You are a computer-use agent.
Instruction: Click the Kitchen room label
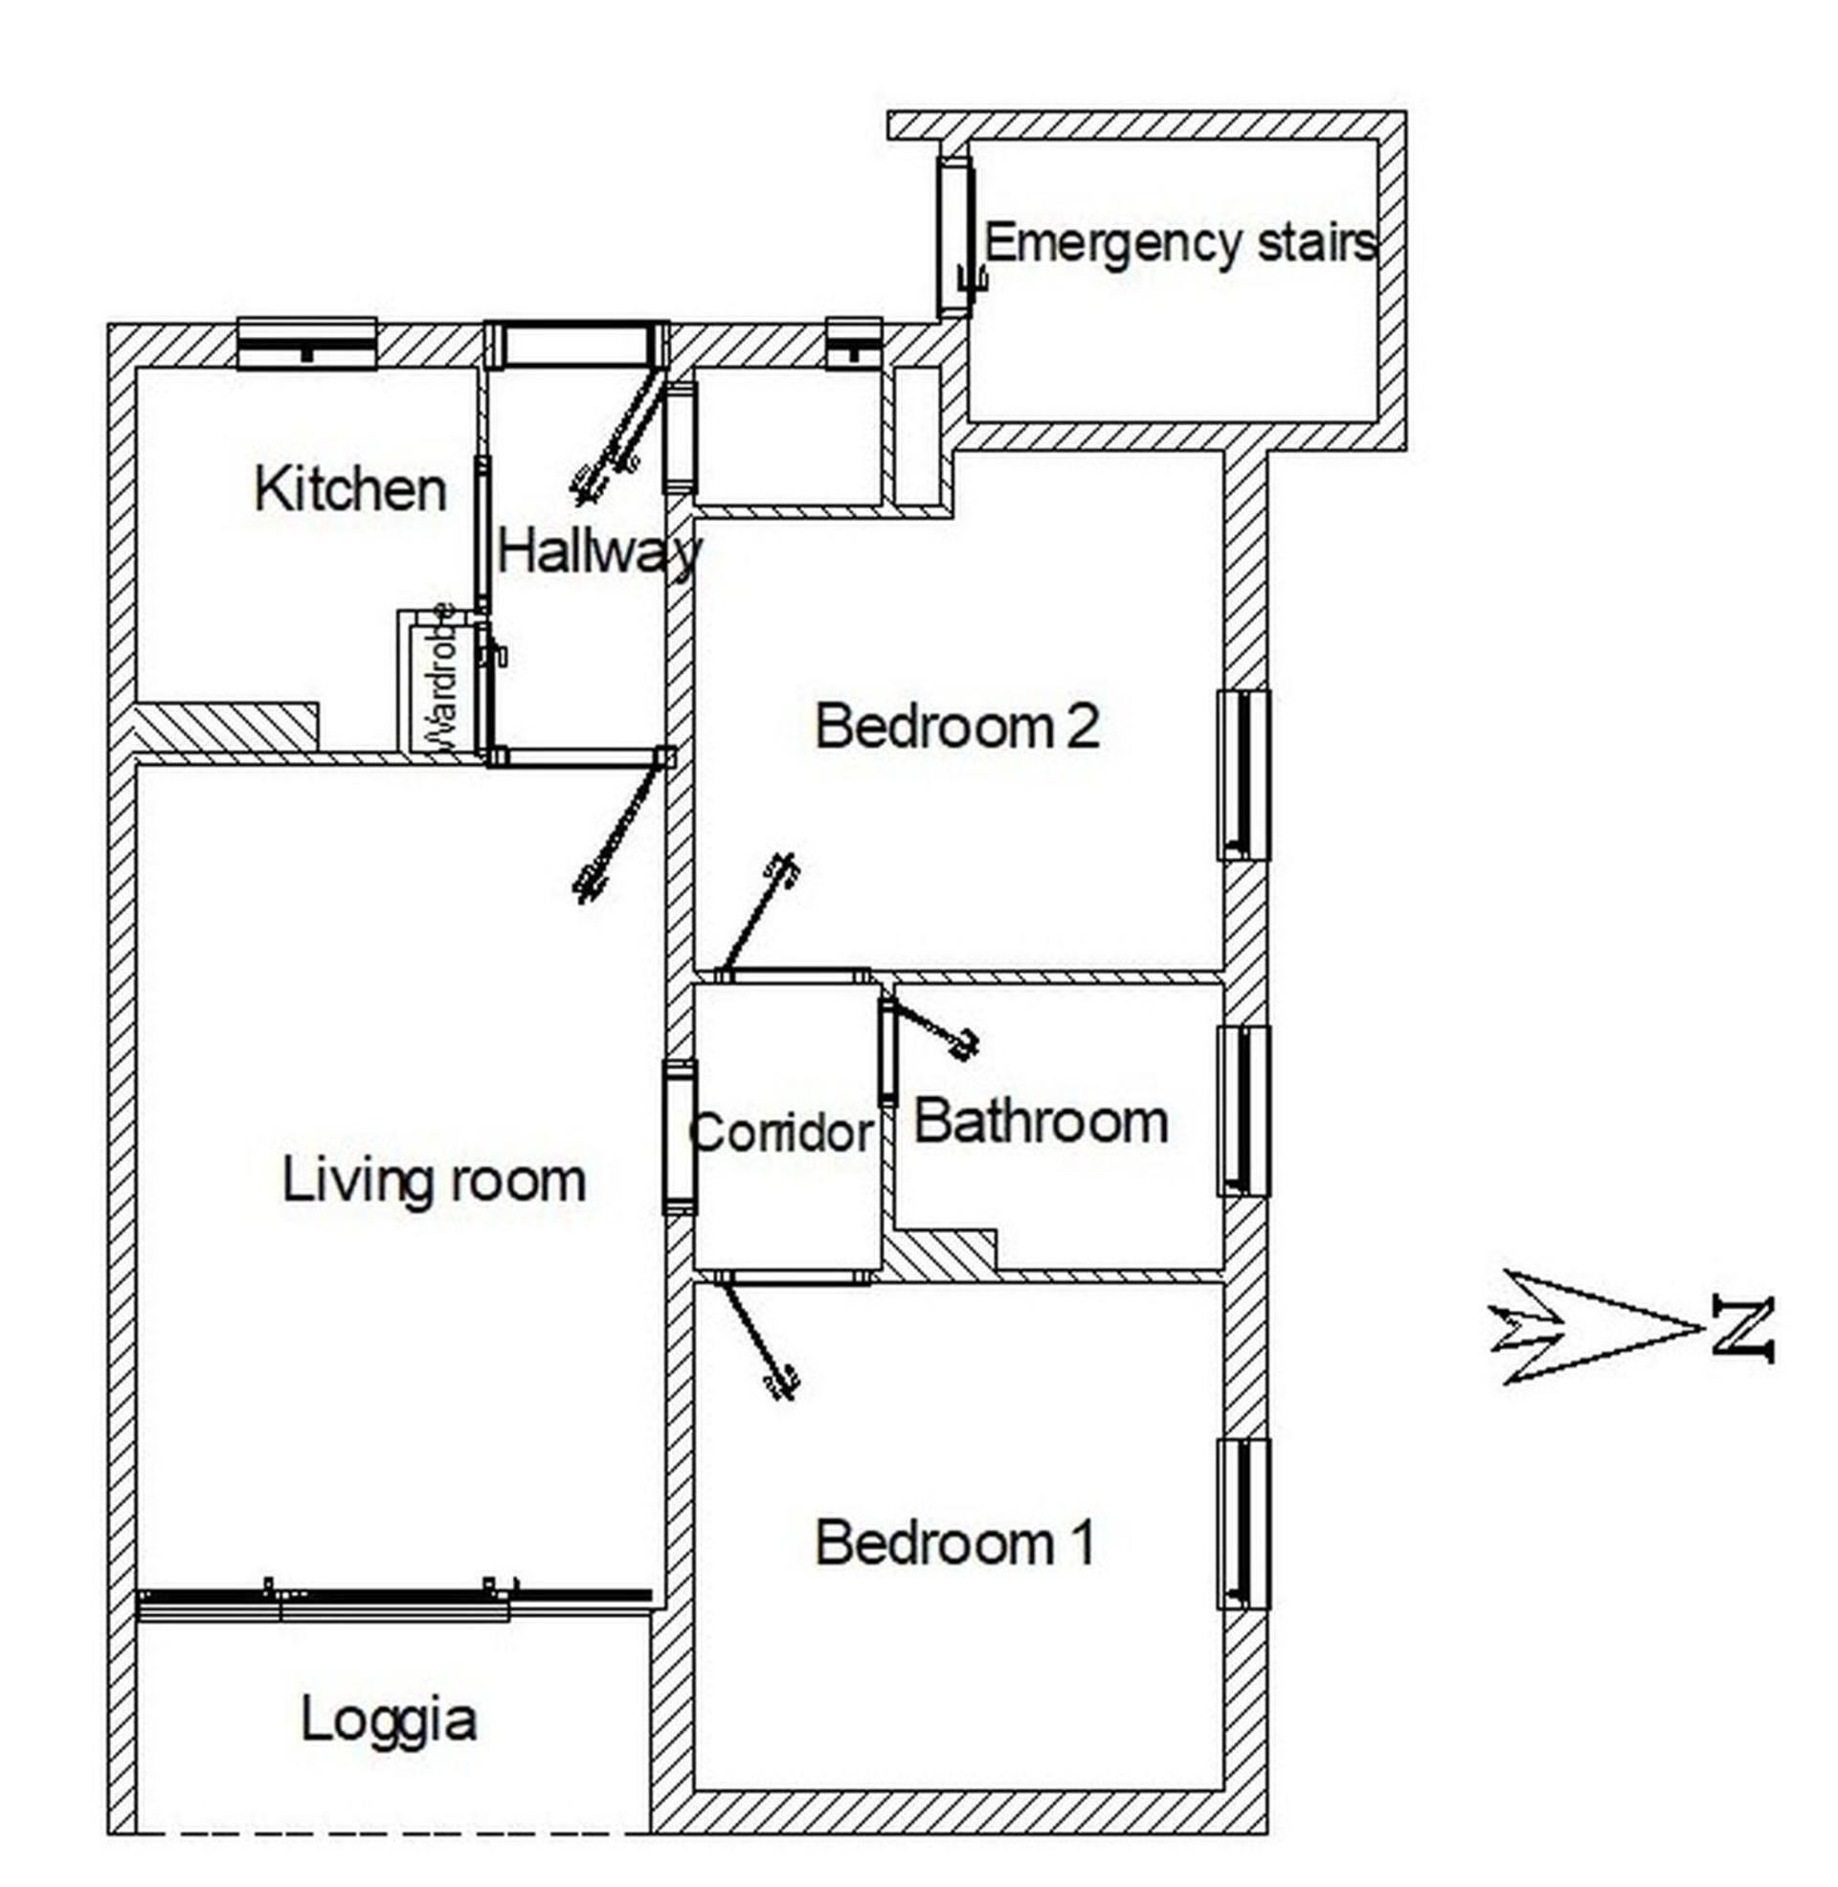350,489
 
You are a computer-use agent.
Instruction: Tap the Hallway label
599,554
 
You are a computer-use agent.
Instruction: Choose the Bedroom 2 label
956,726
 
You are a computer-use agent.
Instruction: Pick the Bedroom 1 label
954,1542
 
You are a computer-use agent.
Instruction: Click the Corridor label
782,1132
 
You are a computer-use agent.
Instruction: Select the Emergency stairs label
1179,242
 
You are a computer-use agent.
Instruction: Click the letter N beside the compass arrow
1743,1331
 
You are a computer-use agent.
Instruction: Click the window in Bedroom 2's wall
1244,775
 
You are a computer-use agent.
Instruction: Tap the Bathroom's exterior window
1244,1111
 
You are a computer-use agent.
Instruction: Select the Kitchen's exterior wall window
306,343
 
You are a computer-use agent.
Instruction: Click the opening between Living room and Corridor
679,1137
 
